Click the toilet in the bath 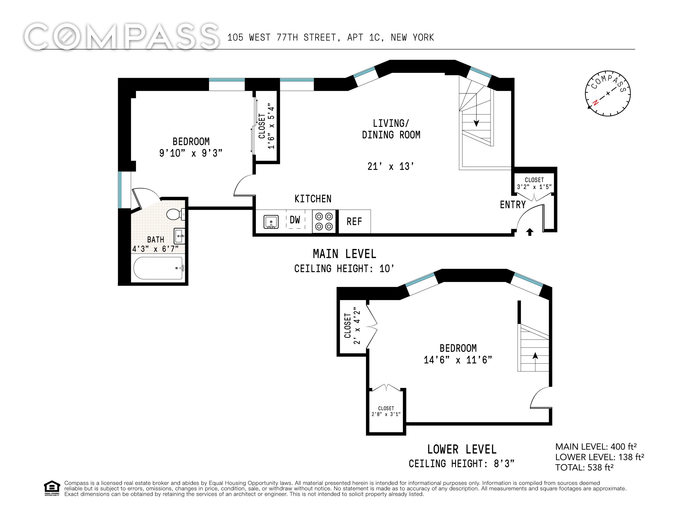(x=176, y=214)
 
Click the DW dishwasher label (x=295, y=220)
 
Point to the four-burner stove (x=324, y=221)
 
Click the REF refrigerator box (x=354, y=221)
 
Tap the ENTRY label (x=513, y=205)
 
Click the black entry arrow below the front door (x=530, y=232)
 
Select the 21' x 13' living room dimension (x=391, y=167)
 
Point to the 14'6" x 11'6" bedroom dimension (x=458, y=360)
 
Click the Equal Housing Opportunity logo (x=52, y=488)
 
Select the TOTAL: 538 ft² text (x=584, y=467)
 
